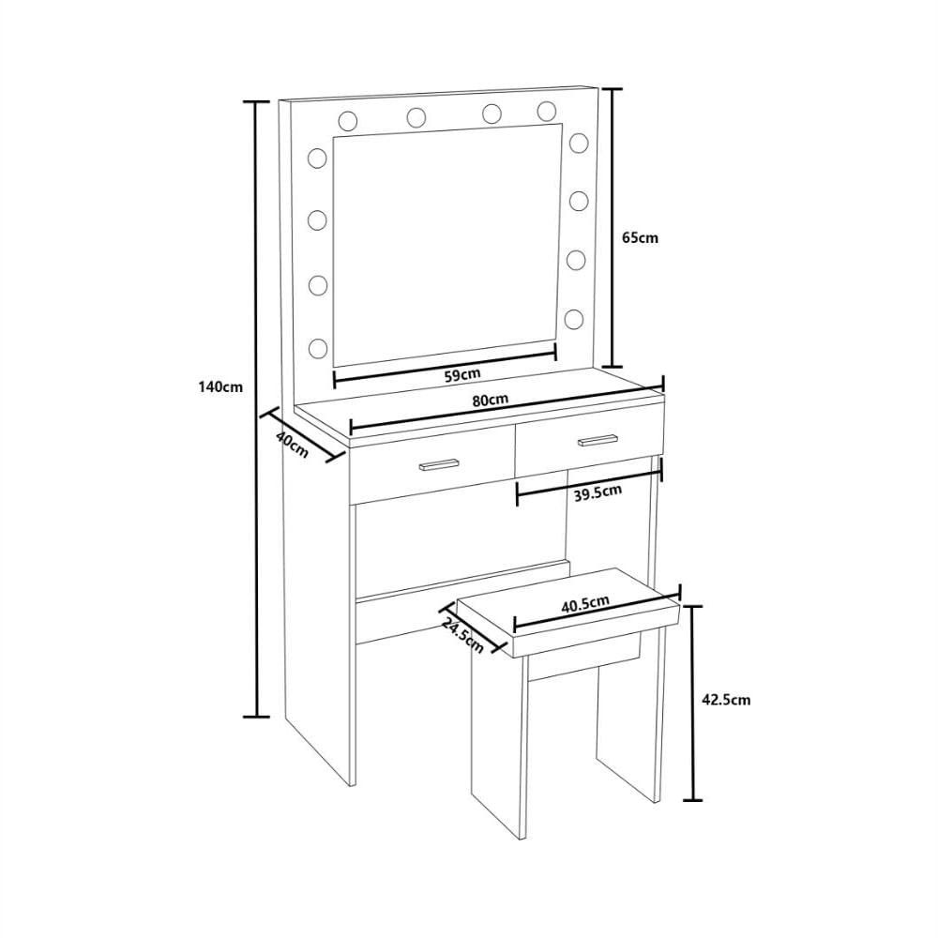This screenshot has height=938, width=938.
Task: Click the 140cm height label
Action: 220,386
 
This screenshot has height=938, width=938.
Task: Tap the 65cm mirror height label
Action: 640,237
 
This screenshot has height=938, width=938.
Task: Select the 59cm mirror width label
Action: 462,374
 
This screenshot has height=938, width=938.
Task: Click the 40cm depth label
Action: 293,444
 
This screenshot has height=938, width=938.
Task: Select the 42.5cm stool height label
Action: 726,700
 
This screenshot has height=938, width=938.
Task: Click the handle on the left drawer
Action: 438,465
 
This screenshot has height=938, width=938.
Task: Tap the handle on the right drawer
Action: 597,440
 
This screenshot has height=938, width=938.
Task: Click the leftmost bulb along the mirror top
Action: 348,121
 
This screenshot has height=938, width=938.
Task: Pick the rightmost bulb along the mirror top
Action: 547,111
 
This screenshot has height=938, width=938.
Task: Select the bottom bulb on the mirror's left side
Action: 317,348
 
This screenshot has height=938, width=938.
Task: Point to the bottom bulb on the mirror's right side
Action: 574,319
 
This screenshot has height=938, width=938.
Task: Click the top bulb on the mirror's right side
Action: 579,143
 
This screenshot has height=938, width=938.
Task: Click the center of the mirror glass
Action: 447,245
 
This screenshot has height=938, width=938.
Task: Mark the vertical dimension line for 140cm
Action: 259,409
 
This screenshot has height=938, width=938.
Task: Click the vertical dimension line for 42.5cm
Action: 693,703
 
